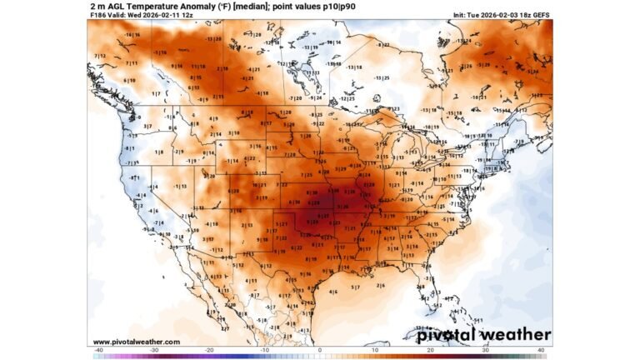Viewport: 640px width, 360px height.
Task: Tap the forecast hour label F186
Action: click(x=96, y=15)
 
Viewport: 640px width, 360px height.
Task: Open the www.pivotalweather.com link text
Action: click(x=136, y=342)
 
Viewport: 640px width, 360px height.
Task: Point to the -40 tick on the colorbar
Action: click(x=98, y=351)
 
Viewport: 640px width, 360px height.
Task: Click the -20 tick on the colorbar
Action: click(x=209, y=351)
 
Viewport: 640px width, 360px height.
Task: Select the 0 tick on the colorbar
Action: click(x=320, y=351)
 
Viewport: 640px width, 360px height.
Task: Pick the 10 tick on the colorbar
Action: click(x=376, y=351)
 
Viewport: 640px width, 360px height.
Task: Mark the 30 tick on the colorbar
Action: click(x=487, y=351)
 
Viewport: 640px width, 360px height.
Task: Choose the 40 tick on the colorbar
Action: click(x=542, y=351)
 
